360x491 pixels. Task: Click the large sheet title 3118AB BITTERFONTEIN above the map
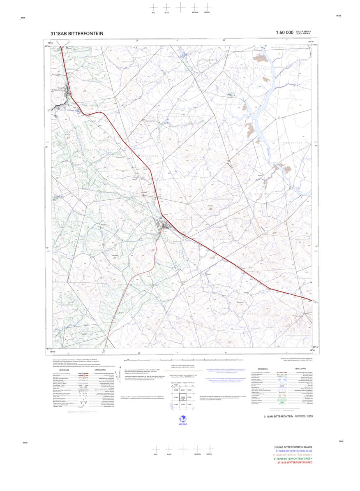coord(76,33)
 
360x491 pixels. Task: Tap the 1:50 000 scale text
coord(284,32)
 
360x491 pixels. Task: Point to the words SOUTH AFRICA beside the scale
coord(304,31)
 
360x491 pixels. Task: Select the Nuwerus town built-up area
coord(165,225)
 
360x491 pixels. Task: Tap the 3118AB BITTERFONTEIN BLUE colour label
coord(294,451)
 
